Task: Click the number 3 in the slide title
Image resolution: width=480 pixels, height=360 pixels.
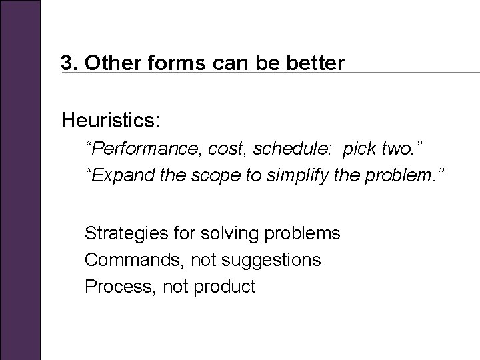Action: coord(66,63)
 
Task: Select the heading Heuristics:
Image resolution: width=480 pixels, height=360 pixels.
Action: coord(111,121)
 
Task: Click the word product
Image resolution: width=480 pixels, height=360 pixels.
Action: coord(225,287)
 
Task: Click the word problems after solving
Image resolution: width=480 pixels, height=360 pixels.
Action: coord(303,233)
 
